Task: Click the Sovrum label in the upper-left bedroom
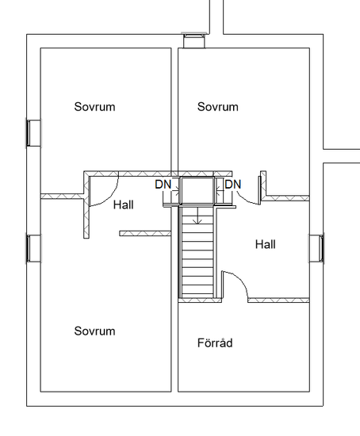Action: point(94,107)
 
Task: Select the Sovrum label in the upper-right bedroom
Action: point(218,107)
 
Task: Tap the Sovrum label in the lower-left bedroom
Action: point(94,331)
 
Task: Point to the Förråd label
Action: point(215,342)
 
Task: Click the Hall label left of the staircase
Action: point(124,205)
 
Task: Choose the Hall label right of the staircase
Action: point(266,244)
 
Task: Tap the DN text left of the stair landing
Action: point(163,185)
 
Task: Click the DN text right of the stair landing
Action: point(233,185)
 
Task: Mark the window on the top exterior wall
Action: point(194,40)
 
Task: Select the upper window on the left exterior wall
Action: point(33,133)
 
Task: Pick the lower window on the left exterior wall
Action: point(33,249)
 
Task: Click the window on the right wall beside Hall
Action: point(316,248)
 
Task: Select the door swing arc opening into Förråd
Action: point(240,280)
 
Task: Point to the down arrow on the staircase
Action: point(197,216)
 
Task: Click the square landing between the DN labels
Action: point(197,190)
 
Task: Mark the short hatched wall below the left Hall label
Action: point(145,234)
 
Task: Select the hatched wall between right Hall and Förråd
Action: point(278,300)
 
